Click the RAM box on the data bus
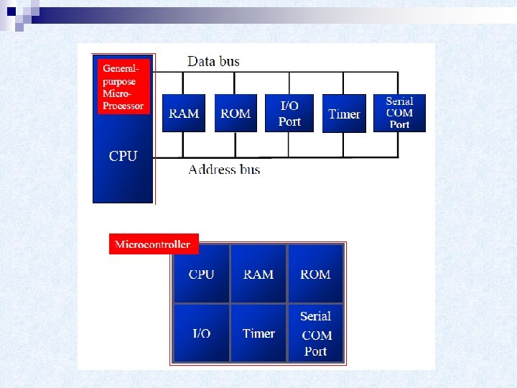click(x=184, y=114)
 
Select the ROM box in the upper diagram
click(x=236, y=114)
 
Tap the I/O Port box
click(x=289, y=114)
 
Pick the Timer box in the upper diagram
click(x=344, y=114)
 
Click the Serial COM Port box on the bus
click(x=399, y=113)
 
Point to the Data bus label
click(x=213, y=61)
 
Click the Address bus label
click(x=224, y=170)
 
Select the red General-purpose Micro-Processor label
click(x=123, y=86)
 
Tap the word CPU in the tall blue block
click(x=123, y=156)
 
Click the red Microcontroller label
click(x=153, y=244)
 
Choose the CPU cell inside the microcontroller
click(x=201, y=274)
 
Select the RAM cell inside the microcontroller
click(x=258, y=274)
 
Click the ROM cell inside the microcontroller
click(x=315, y=274)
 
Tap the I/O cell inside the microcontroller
click(x=201, y=333)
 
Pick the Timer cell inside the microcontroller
click(x=258, y=333)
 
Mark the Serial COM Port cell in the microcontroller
click(x=316, y=333)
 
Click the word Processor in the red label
click(x=123, y=106)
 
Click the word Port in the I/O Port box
click(x=289, y=121)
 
